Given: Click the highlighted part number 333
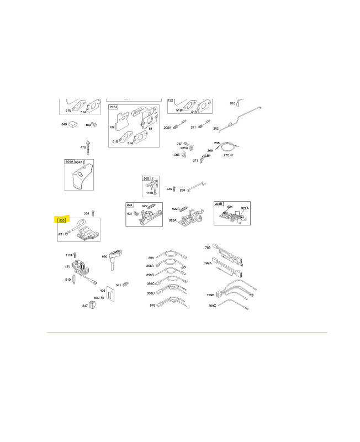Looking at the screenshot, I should pyautogui.click(x=62, y=220).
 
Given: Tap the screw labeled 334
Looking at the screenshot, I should pyautogui.click(x=94, y=213).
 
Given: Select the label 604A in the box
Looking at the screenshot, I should pyautogui.click(x=69, y=162).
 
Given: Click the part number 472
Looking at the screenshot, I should pyautogui.click(x=83, y=148).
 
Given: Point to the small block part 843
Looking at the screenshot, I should pyautogui.click(x=73, y=124).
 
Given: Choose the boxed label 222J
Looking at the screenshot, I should pyautogui.click(x=113, y=107).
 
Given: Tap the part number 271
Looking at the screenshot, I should pyautogui.click(x=195, y=160).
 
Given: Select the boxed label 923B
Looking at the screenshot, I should pyautogui.click(x=219, y=204).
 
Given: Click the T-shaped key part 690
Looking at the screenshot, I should pyautogui.click(x=117, y=256).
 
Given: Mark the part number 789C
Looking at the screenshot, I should pyautogui.click(x=212, y=306).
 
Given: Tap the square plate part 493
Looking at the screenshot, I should pyautogui.click(x=110, y=296).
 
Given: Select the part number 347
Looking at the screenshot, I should pyautogui.click(x=85, y=306).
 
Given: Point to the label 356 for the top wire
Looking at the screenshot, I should pyautogui.click(x=150, y=258).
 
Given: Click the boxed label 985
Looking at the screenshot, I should pyautogui.click(x=146, y=178).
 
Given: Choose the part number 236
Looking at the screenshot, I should pyautogui.click(x=182, y=190).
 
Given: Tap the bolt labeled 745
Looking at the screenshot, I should pyautogui.click(x=174, y=189).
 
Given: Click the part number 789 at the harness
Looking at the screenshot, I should pyautogui.click(x=208, y=248).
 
